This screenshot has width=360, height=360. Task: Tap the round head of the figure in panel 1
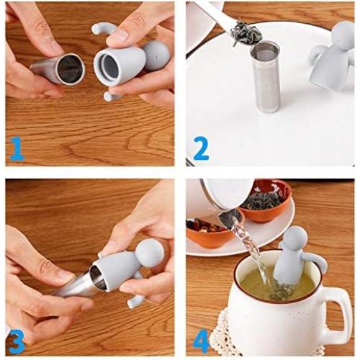(x=156, y=55)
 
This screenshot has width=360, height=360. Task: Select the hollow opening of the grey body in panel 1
(x=110, y=68)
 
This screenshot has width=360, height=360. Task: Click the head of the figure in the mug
(x=295, y=240)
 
